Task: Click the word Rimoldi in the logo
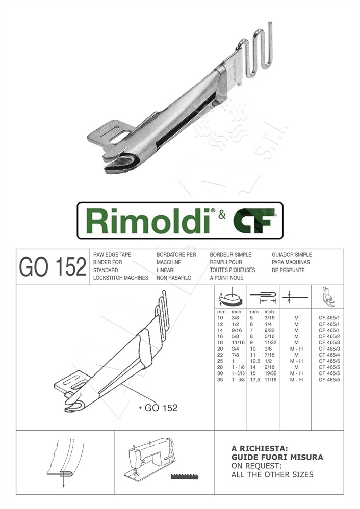click(x=148, y=221)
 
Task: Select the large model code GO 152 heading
click(x=52, y=266)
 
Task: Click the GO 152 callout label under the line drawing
click(x=160, y=408)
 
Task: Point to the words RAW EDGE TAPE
click(x=112, y=254)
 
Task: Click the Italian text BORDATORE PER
click(x=176, y=254)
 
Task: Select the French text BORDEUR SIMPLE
click(x=230, y=254)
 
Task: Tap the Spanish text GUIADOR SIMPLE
click(x=292, y=254)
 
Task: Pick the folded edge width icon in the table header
click(x=263, y=297)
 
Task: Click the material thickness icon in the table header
click(x=295, y=297)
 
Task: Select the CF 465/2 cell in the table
click(x=329, y=336)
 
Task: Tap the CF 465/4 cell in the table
click(x=329, y=355)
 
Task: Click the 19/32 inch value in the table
click(x=271, y=373)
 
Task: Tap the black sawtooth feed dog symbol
click(x=184, y=477)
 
